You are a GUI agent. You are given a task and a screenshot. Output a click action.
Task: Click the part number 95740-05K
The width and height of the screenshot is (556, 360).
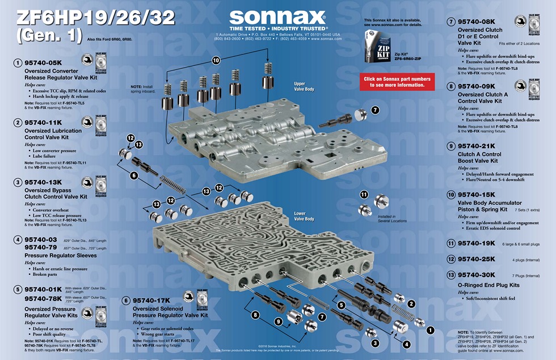coord(43,62)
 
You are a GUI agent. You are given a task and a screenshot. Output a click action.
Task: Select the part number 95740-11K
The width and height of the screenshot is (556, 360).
coord(43,122)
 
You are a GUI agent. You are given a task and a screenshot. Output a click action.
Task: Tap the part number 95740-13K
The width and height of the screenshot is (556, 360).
coord(43,182)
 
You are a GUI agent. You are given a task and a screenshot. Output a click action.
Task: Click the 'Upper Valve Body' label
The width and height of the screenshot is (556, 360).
coord(303,86)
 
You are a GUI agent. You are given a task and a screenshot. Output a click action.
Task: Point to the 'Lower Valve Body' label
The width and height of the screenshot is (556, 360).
coord(304,216)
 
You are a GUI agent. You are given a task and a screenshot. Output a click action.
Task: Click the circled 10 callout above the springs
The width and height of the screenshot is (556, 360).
coord(216,60)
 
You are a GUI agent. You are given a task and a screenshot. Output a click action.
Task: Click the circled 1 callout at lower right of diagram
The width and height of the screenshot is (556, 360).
coord(430,329)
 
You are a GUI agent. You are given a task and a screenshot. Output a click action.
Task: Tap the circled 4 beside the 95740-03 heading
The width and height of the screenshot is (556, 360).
coord(18,240)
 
